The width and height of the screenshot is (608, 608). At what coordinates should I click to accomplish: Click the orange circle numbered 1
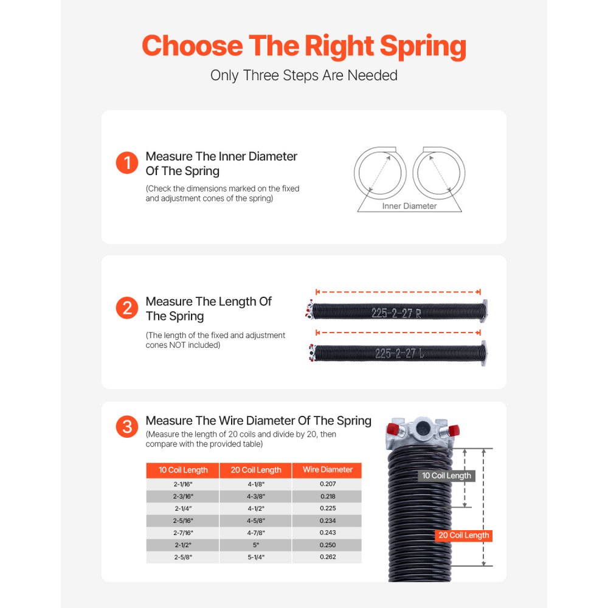click(x=127, y=163)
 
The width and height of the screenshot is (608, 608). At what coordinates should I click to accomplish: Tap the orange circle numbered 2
click(x=127, y=308)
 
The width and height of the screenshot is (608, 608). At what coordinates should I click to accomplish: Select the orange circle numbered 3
click(x=127, y=427)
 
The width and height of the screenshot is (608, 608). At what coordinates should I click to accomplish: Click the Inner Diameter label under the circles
click(x=409, y=206)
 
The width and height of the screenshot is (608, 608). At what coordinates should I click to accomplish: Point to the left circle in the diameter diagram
click(x=381, y=173)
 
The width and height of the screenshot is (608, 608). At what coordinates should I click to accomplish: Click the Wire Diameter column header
click(x=327, y=470)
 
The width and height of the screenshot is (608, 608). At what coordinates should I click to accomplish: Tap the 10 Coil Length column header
click(x=183, y=470)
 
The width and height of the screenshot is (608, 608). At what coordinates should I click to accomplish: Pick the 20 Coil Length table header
click(x=256, y=470)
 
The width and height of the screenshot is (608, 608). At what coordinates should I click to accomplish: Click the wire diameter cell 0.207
click(x=327, y=484)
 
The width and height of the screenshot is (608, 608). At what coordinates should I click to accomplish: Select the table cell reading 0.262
click(x=327, y=557)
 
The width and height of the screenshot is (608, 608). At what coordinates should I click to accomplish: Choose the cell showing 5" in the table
click(x=256, y=545)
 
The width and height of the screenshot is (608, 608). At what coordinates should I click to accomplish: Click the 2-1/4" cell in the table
click(x=183, y=508)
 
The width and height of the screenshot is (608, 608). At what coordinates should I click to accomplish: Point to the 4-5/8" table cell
click(x=256, y=520)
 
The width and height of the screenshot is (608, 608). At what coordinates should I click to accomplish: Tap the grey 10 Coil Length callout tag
click(x=446, y=475)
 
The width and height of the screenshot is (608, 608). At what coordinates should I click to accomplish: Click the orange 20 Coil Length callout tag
click(x=463, y=536)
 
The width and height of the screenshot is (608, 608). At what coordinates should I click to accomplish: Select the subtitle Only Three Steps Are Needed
click(x=304, y=75)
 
